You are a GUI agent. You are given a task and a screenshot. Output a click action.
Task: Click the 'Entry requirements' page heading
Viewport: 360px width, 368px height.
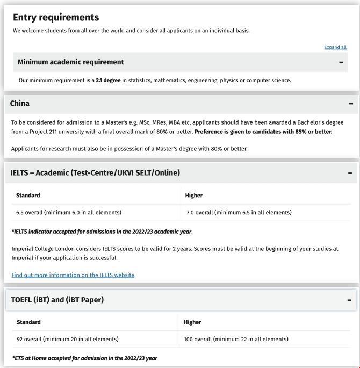point(56,17)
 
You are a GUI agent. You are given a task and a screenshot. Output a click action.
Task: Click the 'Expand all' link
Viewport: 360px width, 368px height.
point(335,47)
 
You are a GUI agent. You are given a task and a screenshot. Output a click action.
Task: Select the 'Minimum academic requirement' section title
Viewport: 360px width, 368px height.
point(70,62)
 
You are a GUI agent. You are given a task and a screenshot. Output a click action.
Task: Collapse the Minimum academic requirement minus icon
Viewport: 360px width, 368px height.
point(341,62)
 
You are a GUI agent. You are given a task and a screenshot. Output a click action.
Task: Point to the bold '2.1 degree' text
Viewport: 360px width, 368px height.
point(108,80)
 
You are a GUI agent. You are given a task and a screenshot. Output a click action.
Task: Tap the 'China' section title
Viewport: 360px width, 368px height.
point(20,103)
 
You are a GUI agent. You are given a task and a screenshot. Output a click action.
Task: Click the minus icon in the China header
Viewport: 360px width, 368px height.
point(351,104)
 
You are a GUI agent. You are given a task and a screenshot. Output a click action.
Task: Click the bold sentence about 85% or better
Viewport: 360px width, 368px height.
point(263,132)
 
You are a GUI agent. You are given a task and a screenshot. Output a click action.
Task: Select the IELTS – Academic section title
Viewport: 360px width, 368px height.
point(95,172)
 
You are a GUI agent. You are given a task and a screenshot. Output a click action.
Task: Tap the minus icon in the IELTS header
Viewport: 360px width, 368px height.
point(350,173)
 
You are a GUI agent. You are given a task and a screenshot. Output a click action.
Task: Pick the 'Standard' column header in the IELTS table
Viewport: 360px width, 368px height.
point(28,196)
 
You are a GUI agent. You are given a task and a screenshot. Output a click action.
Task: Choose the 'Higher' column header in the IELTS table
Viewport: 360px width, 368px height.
point(193,196)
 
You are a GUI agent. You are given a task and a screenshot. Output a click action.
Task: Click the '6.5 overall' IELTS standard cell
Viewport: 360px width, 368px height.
point(68,212)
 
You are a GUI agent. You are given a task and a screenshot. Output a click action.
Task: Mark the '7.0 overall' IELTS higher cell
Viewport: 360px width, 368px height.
point(239,212)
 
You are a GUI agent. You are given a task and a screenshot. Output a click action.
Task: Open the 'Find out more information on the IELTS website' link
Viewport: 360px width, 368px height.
point(73,275)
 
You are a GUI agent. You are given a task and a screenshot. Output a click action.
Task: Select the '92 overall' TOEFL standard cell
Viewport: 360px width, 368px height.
point(67,339)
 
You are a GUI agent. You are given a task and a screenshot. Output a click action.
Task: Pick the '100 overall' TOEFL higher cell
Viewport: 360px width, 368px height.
point(236,339)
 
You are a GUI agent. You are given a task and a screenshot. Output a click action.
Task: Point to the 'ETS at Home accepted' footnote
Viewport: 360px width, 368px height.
point(84,358)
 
